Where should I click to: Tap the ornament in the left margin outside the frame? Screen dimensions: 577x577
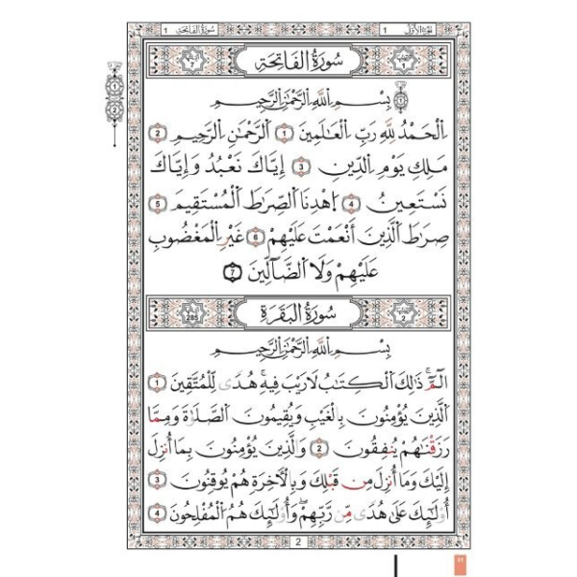[113, 96]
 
